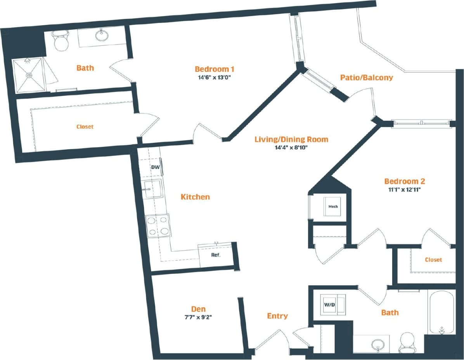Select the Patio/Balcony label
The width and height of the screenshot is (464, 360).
[x=366, y=78]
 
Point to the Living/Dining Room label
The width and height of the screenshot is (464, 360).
[x=291, y=139]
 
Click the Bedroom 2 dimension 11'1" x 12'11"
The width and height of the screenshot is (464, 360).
[x=404, y=190]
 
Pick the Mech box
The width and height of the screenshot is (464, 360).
[x=333, y=207]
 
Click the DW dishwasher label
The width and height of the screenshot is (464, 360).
[x=154, y=167]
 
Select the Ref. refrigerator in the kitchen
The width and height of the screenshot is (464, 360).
[x=216, y=256]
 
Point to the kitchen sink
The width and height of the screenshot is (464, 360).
[x=152, y=189]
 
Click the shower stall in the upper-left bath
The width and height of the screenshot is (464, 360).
[x=29, y=75]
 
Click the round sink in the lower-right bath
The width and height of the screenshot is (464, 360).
[x=377, y=344]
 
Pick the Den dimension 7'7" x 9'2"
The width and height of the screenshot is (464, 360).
[x=198, y=317]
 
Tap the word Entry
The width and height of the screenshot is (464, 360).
[x=277, y=316]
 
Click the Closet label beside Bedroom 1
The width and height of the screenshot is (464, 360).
[x=85, y=127]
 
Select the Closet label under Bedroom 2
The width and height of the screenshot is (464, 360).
[x=433, y=259]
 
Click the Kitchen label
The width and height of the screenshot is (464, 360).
[x=195, y=197]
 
